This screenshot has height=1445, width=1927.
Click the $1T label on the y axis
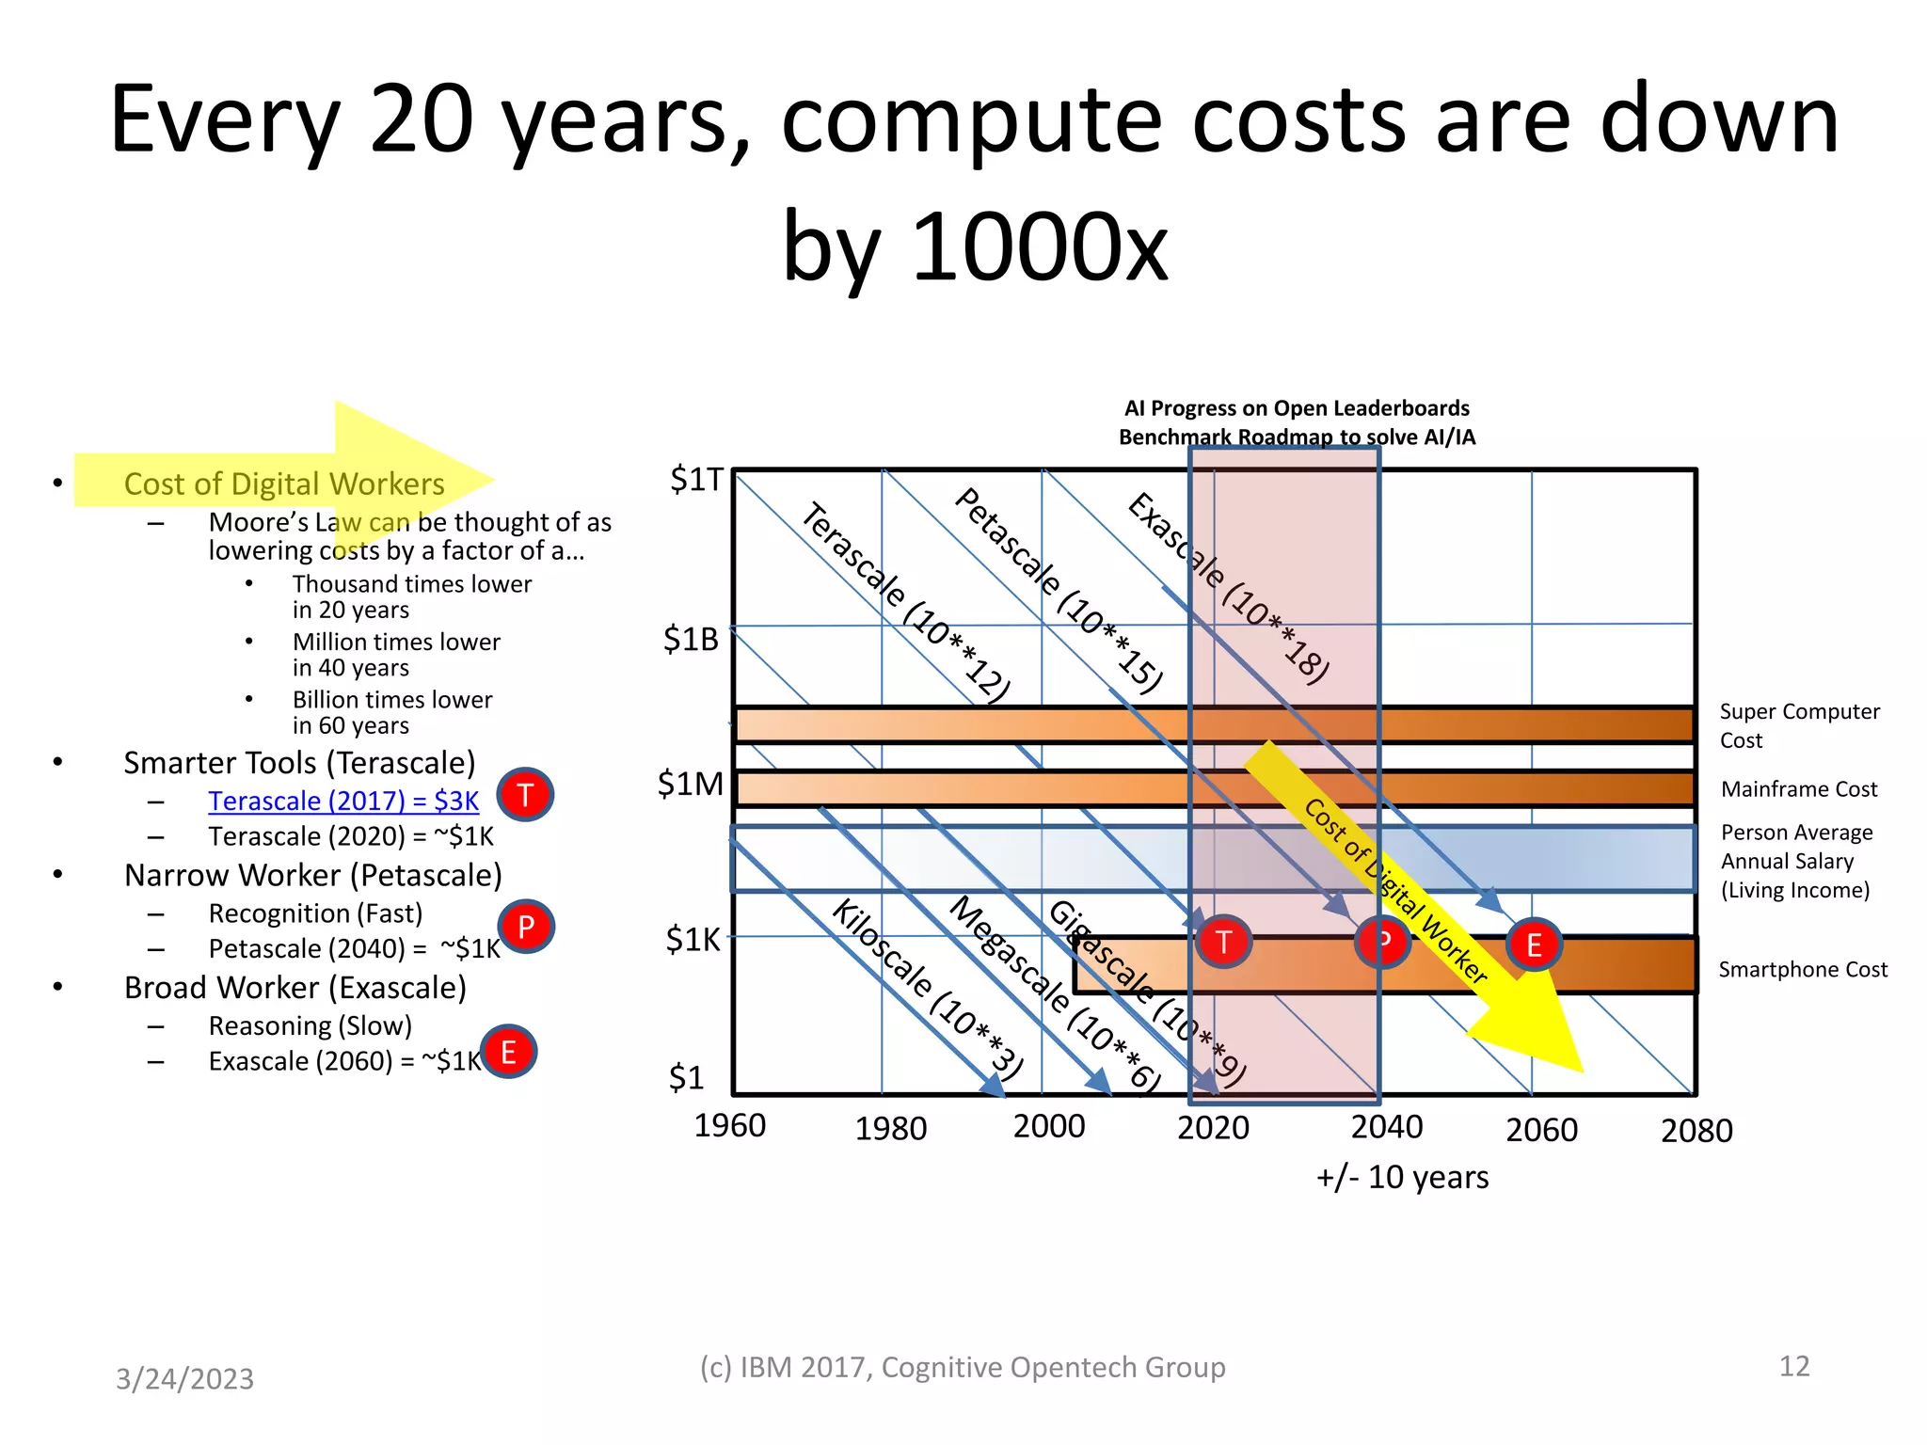pyautogui.click(x=695, y=480)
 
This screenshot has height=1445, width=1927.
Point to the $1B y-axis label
pyautogui.click(x=691, y=640)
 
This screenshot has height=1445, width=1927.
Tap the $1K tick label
pyautogui.click(x=692, y=939)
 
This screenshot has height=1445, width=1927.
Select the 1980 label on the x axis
pyautogui.click(x=890, y=1128)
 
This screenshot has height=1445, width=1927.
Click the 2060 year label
pyautogui.click(x=1541, y=1130)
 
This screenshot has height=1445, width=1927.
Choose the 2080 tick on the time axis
pyautogui.click(x=1696, y=1131)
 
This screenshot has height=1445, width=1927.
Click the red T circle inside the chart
pyautogui.click(x=1223, y=942)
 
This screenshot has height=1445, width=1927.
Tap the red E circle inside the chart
pyautogui.click(x=1534, y=945)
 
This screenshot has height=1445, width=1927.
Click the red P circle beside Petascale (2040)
pyautogui.click(x=526, y=927)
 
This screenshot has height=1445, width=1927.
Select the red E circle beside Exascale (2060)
pyautogui.click(x=508, y=1052)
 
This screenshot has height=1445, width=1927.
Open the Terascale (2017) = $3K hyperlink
pyautogui.click(x=343, y=801)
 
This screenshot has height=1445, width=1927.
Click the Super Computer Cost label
pyautogui.click(x=1798, y=725)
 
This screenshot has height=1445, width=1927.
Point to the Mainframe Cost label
pyautogui.click(x=1798, y=789)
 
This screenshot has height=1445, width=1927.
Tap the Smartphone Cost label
pyautogui.click(x=1802, y=970)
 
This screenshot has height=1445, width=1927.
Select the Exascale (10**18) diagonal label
pyautogui.click(x=1228, y=588)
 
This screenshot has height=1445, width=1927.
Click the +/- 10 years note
pyautogui.click(x=1401, y=1178)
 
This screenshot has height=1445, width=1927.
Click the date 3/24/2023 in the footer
pyautogui.click(x=184, y=1379)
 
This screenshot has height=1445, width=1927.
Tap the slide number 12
pyautogui.click(x=1793, y=1366)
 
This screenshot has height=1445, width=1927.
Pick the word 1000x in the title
pyautogui.click(x=1040, y=246)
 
